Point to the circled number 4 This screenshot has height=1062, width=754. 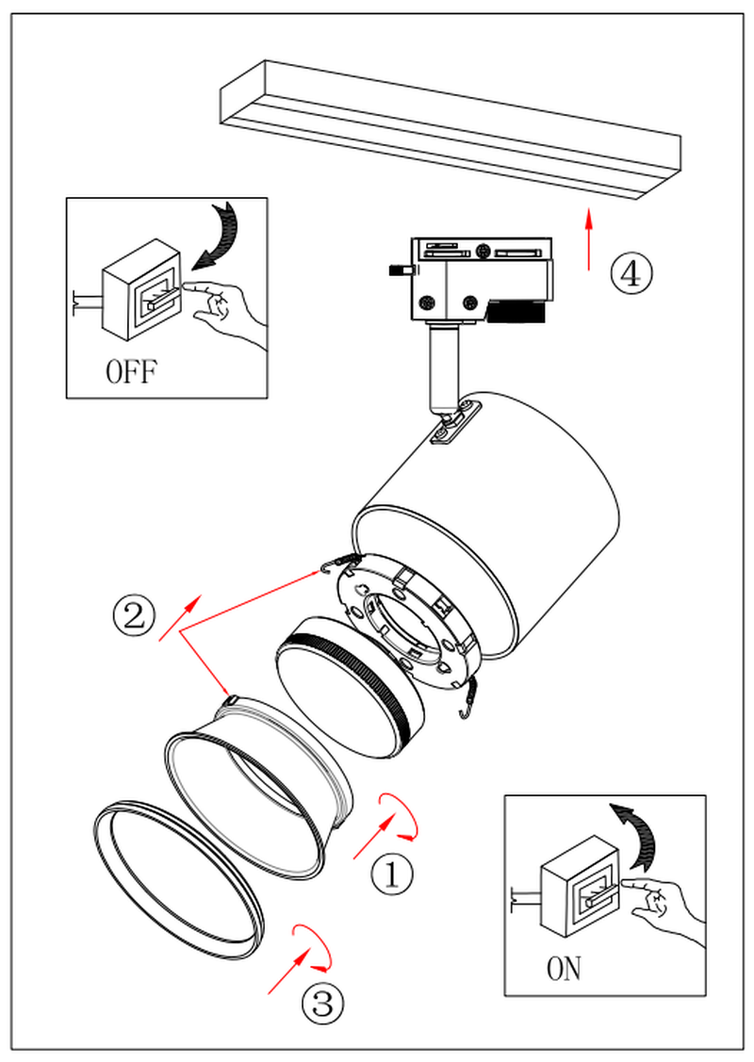click(x=631, y=273)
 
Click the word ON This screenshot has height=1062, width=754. click(x=564, y=968)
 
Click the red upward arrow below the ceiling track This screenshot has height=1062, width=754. click(x=589, y=239)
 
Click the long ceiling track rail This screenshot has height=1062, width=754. click(x=451, y=127)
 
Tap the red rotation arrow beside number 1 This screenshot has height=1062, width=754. click(x=401, y=816)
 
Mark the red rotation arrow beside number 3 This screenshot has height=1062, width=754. click(x=313, y=946)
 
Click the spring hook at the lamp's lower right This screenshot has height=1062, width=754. click(x=468, y=696)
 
